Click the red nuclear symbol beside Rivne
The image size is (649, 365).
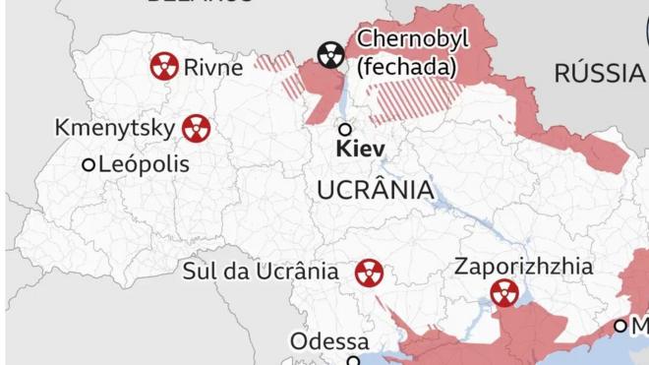(164, 67)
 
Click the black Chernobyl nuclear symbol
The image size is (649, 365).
(331, 56)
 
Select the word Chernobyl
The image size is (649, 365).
(413, 39)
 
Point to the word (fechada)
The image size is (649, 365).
(407, 68)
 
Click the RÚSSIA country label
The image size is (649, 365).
(599, 72)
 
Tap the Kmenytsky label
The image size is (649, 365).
(115, 128)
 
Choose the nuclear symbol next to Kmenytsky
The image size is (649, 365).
(197, 128)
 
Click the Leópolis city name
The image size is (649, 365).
(144, 164)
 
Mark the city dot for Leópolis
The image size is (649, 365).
(88, 165)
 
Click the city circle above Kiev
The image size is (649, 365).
(345, 129)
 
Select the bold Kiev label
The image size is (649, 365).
(360, 151)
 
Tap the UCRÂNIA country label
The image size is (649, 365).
(376, 190)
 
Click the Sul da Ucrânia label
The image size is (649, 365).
(262, 272)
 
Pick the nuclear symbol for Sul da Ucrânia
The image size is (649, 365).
(369, 273)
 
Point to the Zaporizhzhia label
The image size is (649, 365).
(524, 266)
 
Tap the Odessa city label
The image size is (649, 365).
(329, 341)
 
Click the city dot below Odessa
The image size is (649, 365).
(354, 361)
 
